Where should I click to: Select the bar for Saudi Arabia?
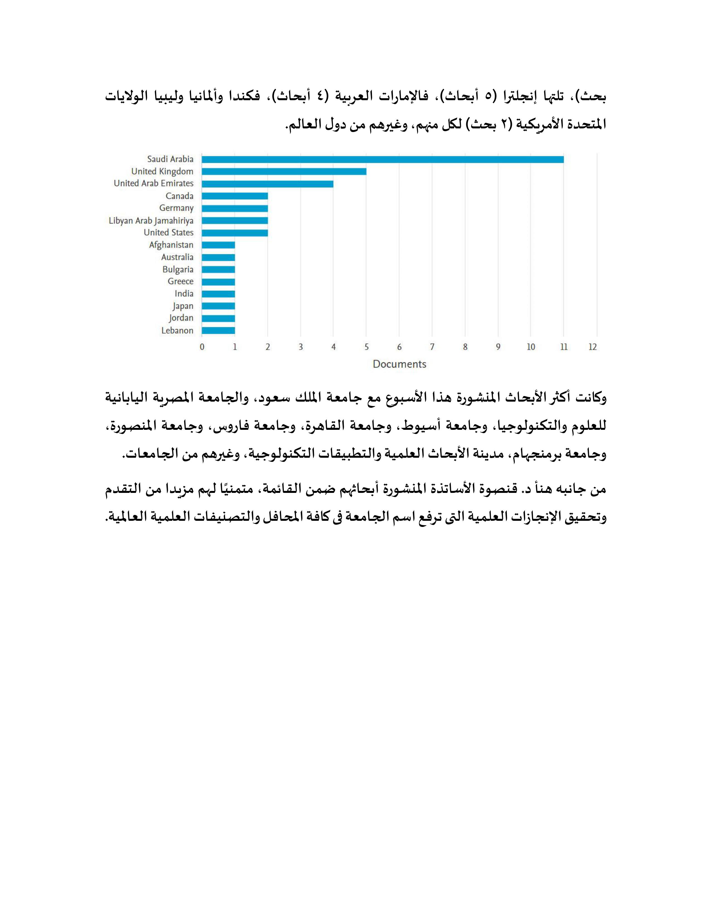pyautogui.click(x=383, y=159)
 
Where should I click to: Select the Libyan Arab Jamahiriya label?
pyautogui.click(x=151, y=220)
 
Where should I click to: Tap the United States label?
pyautogui.click(x=168, y=233)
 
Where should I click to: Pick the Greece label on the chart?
pyautogui.click(x=180, y=282)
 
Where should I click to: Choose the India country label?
pyautogui.click(x=184, y=294)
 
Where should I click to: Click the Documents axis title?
pyautogui.click(x=399, y=364)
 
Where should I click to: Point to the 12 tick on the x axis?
pyautogui.click(x=593, y=347)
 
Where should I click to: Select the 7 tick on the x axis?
pyautogui.click(x=432, y=347)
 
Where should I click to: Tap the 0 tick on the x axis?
pyautogui.click(x=202, y=347)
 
